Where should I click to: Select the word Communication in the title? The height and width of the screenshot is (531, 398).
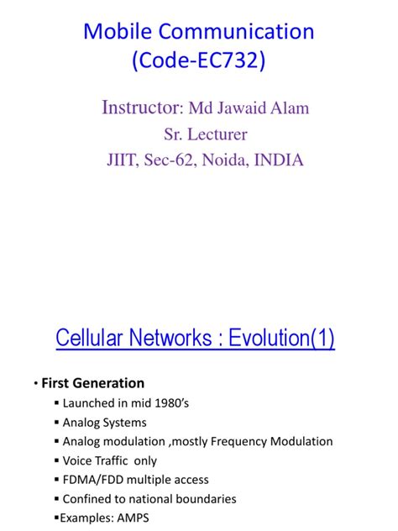(x=237, y=32)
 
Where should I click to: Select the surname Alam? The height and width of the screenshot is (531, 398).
(x=287, y=108)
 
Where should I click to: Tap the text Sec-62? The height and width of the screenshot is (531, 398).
(x=175, y=160)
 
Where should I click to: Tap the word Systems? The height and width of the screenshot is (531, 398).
(x=123, y=422)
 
